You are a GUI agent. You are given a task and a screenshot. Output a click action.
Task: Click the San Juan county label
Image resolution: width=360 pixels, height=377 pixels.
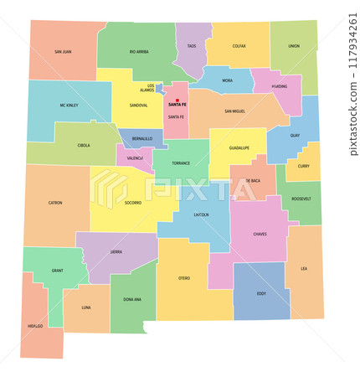[63, 52]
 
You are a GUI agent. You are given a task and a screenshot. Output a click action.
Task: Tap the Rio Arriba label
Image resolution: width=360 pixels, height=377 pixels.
[139, 52]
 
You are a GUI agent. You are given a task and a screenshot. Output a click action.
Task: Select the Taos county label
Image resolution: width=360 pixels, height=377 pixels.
[192, 46]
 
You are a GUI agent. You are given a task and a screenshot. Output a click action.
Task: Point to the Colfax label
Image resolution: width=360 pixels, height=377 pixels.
[239, 46]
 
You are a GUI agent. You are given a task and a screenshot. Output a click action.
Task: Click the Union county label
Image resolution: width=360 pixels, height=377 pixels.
[293, 46]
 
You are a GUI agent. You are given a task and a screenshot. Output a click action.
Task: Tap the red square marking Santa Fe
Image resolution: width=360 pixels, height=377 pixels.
[177, 100]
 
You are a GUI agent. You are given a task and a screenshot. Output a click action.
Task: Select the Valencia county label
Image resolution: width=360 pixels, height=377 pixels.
[136, 158]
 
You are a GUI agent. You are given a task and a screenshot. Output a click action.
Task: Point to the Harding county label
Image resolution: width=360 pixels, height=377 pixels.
[278, 85]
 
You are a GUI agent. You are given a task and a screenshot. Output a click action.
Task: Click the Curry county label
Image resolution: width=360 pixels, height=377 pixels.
[303, 165]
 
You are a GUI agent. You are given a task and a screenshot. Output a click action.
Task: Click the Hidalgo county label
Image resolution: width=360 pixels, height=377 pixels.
[35, 326]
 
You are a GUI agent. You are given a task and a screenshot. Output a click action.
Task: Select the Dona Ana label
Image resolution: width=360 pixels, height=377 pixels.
[132, 299]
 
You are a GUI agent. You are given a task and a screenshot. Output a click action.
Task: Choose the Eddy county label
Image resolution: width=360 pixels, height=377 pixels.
[261, 293]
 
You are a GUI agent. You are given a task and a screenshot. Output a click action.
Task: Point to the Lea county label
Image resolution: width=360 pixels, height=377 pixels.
[304, 268]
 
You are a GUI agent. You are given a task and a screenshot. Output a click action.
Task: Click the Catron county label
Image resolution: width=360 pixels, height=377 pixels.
[55, 203]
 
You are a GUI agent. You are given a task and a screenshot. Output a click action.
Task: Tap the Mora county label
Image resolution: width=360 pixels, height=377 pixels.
[228, 80]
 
